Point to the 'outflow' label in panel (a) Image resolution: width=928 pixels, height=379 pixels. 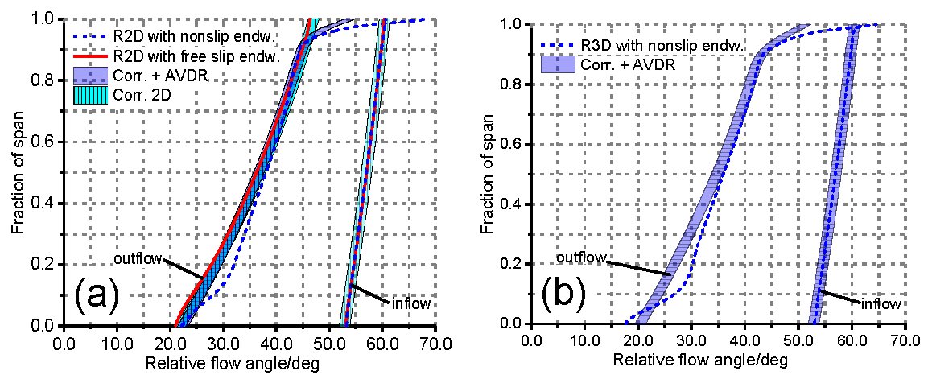tap(138, 259)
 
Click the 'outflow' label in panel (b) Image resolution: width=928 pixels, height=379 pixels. tap(581, 257)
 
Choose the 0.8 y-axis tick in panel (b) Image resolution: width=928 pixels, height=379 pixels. tap(512, 84)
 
